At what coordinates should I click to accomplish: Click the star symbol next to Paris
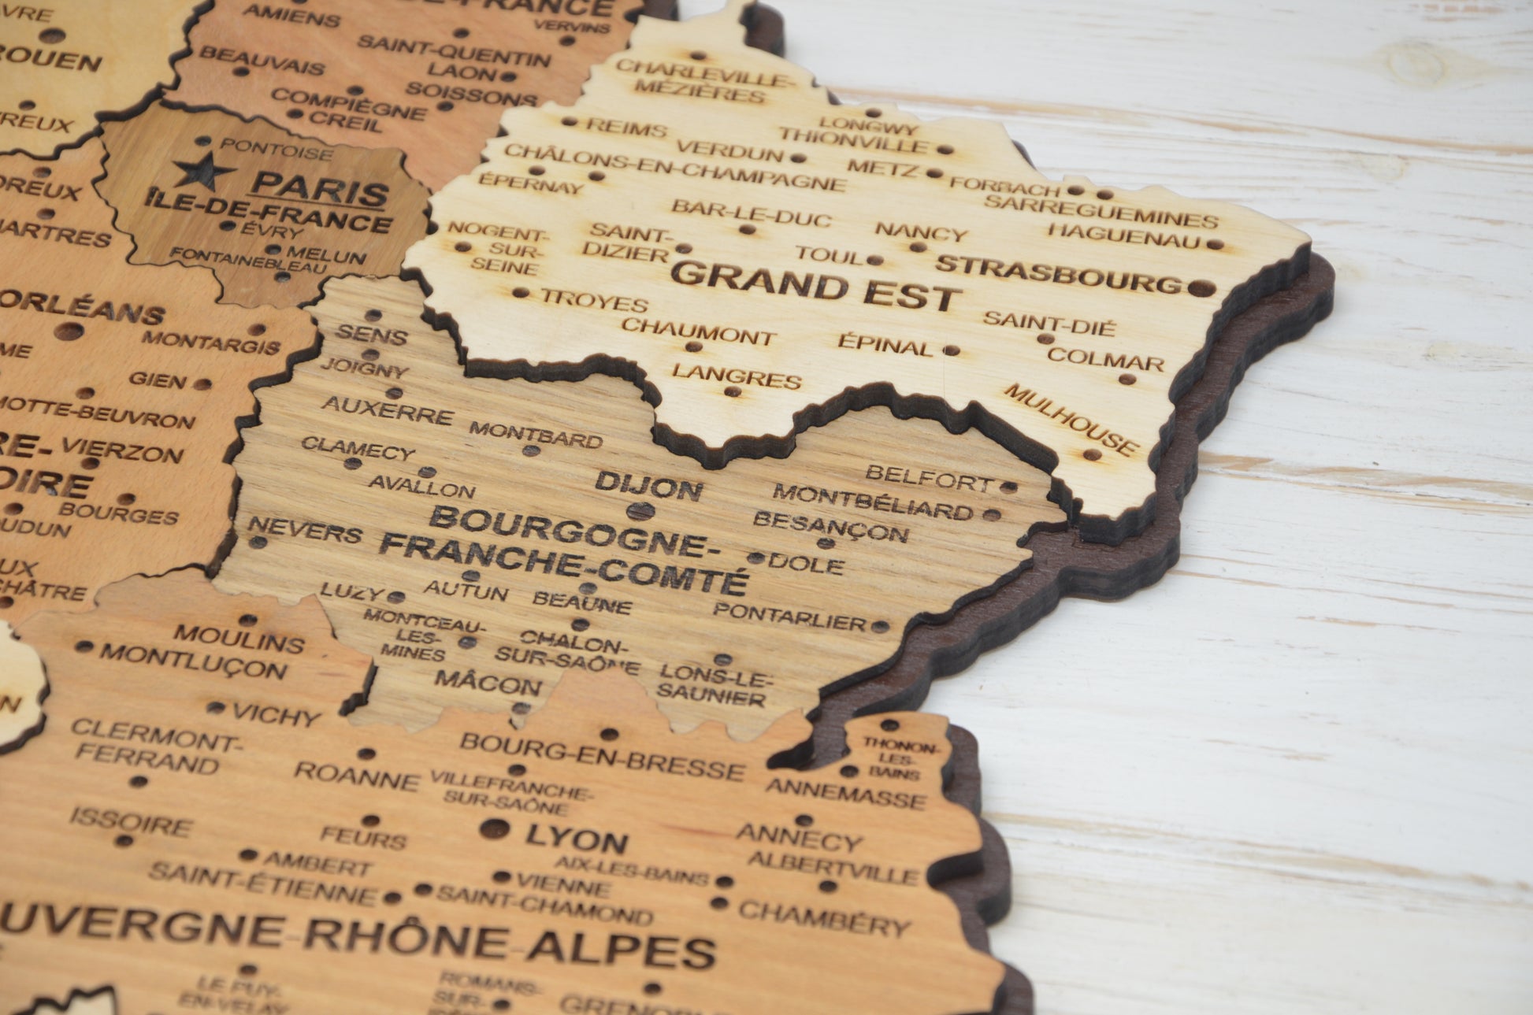pyautogui.click(x=204, y=170)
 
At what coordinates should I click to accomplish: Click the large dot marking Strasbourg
pyautogui.click(x=1201, y=287)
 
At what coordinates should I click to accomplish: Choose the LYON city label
pyautogui.click(x=577, y=839)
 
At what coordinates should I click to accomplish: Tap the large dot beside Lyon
pyautogui.click(x=494, y=828)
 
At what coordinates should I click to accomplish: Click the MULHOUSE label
pyautogui.click(x=1071, y=419)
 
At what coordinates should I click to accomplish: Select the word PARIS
pyautogui.click(x=320, y=189)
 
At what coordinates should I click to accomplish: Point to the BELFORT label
pyautogui.click(x=928, y=477)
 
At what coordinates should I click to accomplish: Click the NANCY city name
pyautogui.click(x=921, y=232)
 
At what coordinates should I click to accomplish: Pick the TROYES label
pyautogui.click(x=594, y=299)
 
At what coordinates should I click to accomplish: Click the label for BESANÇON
pyautogui.click(x=830, y=526)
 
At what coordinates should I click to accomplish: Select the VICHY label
pyautogui.click(x=277, y=715)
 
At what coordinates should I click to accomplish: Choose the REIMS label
pyautogui.click(x=626, y=128)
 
